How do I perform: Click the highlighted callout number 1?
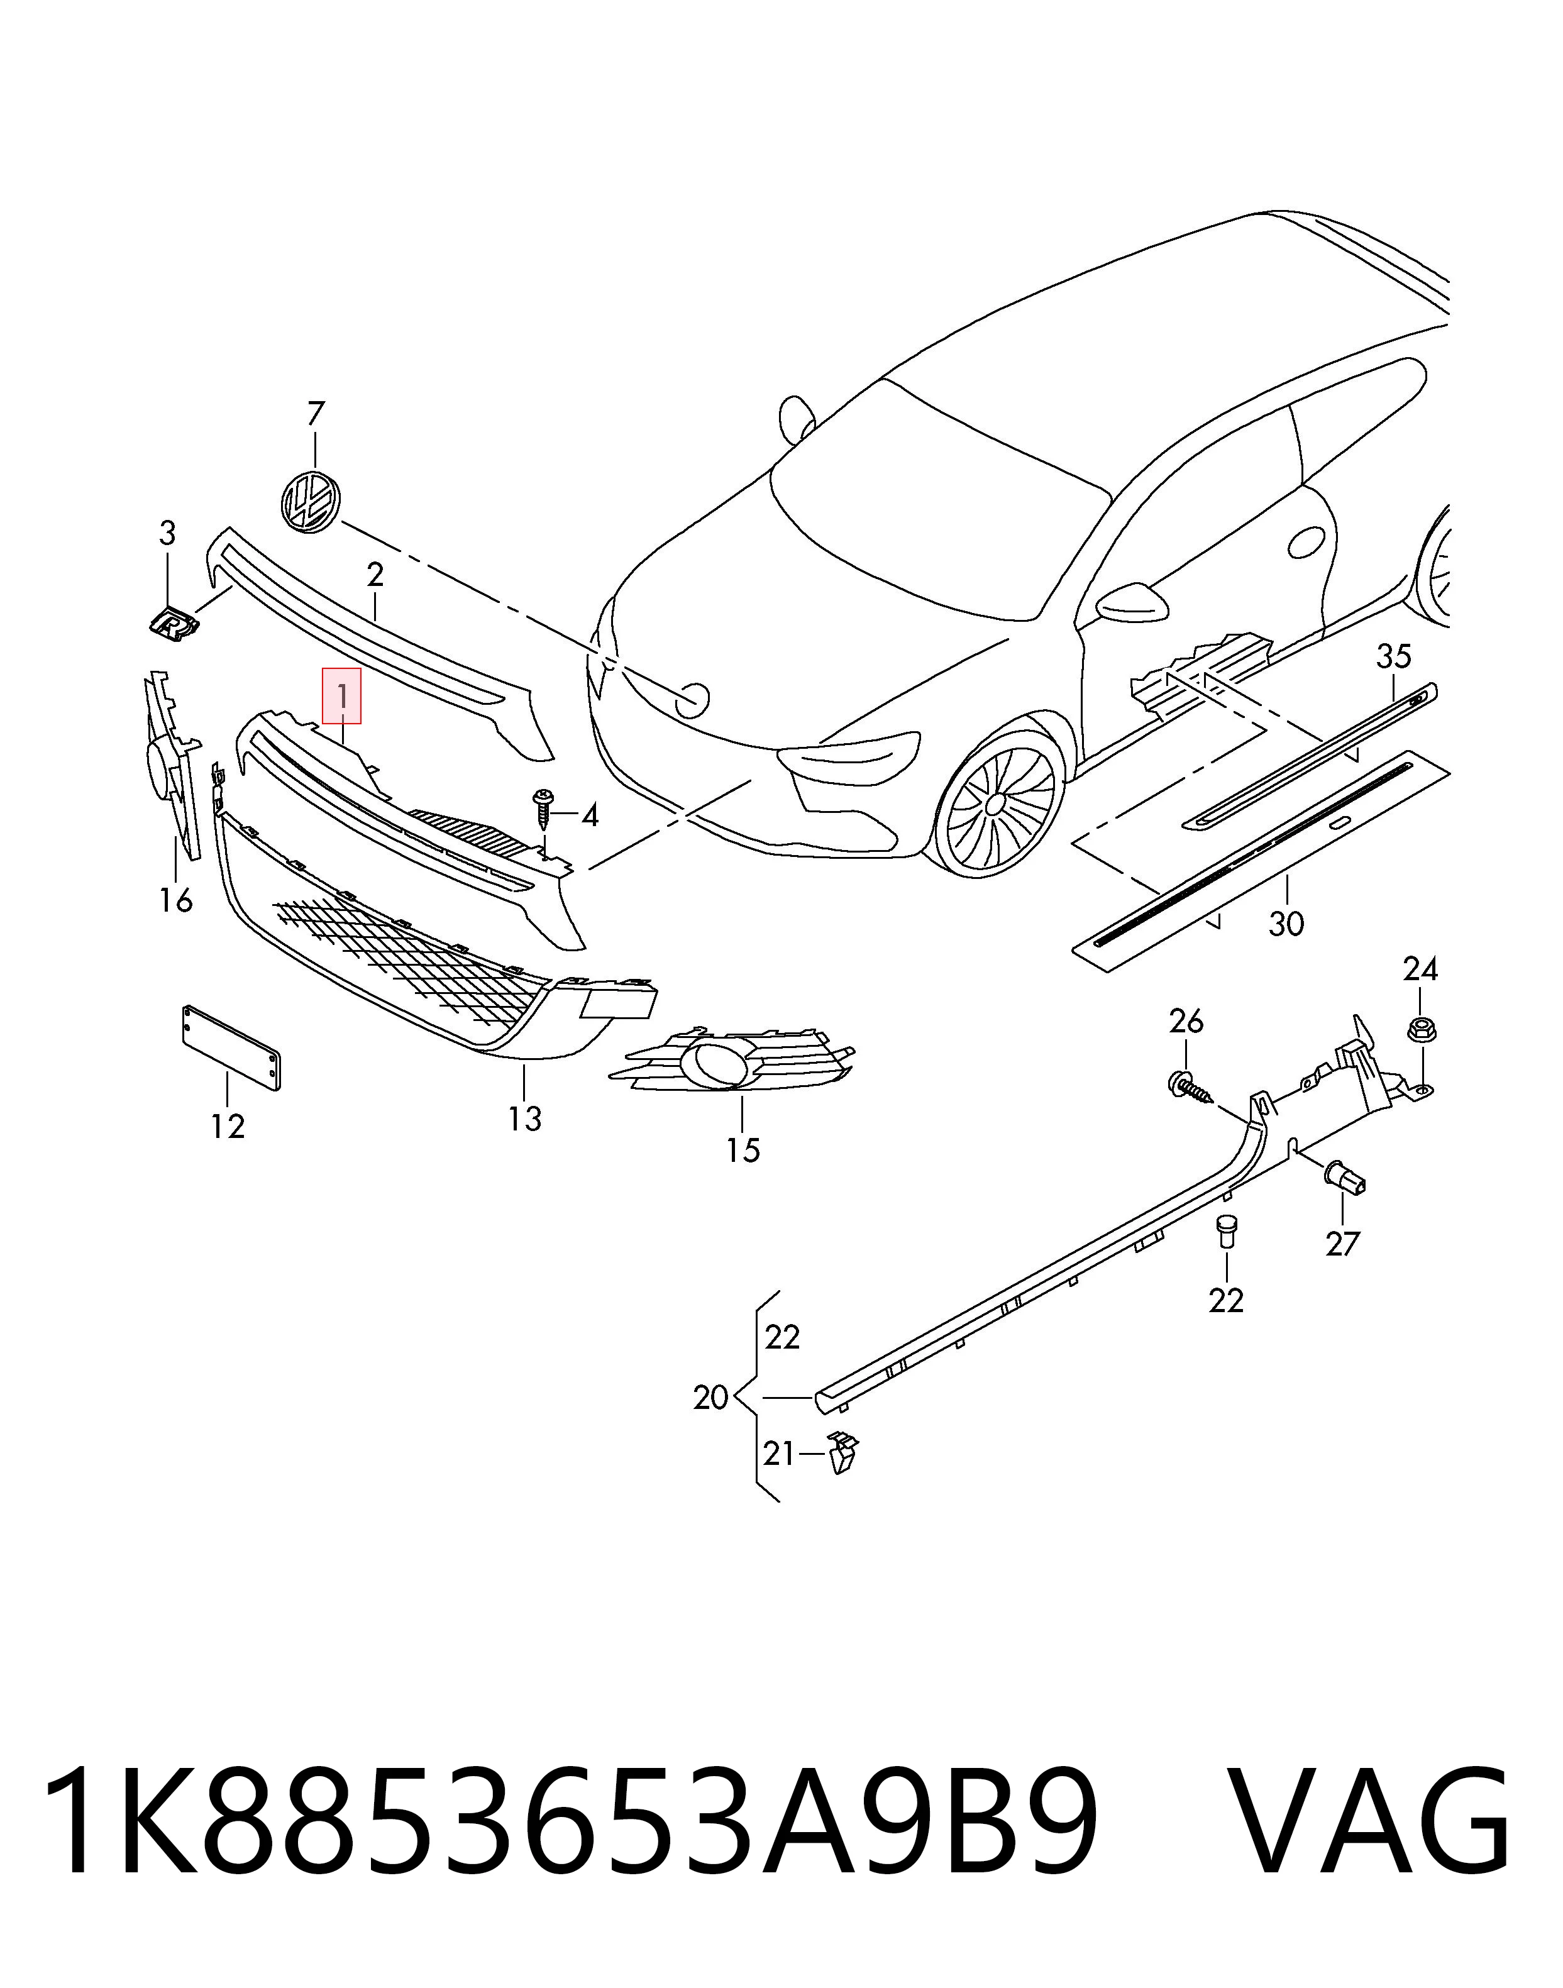(x=342, y=697)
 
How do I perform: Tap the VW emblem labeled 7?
(x=310, y=500)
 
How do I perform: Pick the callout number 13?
(x=525, y=1118)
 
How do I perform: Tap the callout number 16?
(x=175, y=901)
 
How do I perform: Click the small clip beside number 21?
(x=841, y=1454)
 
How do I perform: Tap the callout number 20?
(x=711, y=1398)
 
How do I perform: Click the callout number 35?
(x=1394, y=656)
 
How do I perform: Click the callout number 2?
(x=374, y=575)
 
